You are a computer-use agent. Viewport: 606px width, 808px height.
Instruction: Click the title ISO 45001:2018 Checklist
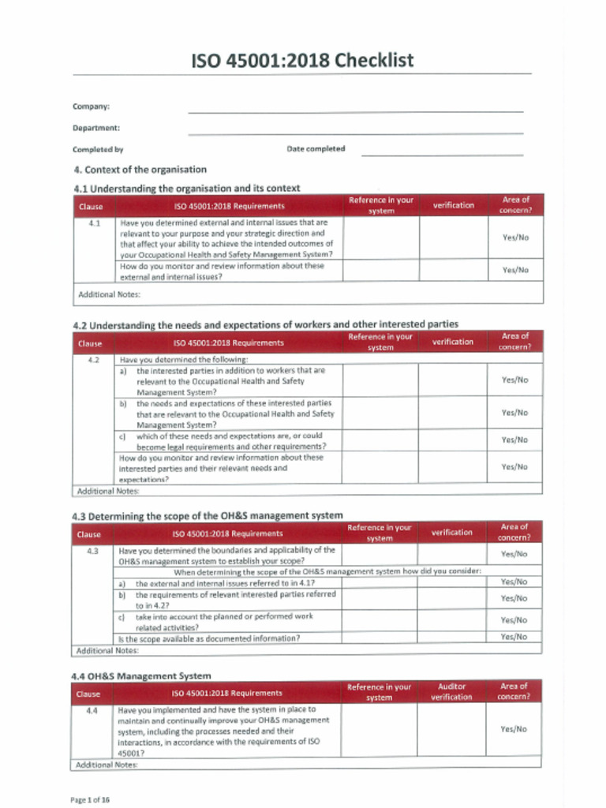pos(303,61)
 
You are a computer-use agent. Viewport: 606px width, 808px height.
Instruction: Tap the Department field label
pos(96,128)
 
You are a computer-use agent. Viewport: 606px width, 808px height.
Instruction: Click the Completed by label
pos(98,149)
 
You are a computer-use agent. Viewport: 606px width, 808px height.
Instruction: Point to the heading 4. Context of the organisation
pos(140,170)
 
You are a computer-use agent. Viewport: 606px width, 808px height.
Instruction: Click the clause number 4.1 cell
pos(94,224)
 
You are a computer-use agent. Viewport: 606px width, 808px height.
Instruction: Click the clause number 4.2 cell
pos(94,360)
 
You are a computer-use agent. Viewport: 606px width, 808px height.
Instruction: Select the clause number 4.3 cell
pos(93,551)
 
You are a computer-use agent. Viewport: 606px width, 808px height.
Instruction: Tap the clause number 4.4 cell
pos(92,710)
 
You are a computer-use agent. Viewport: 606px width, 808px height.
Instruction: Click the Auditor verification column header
pos(451,692)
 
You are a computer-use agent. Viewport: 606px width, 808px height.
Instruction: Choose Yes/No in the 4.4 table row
pos(514,729)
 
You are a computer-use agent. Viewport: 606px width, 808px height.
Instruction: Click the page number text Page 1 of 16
pos(90,799)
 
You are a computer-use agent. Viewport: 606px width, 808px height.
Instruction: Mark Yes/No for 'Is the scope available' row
pos(514,637)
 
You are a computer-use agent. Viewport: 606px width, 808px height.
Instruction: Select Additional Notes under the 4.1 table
pos(109,294)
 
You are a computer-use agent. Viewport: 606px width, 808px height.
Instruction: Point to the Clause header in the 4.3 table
pos(89,534)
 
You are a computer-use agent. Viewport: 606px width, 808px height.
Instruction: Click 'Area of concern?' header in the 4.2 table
pos(514,341)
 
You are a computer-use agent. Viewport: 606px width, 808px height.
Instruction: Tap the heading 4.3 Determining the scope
pos(208,516)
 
